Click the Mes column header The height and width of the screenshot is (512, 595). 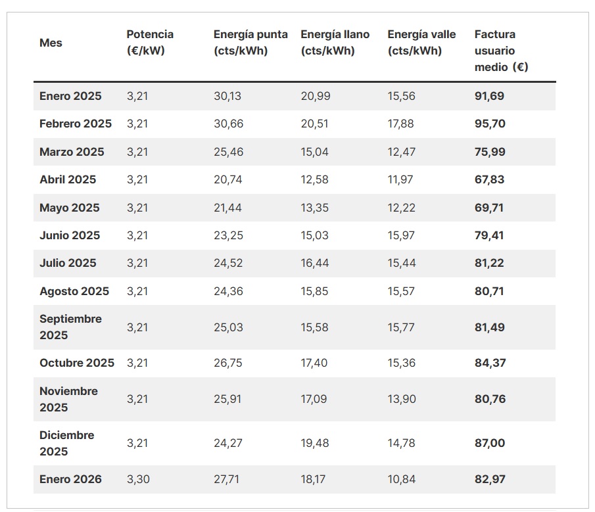(51, 43)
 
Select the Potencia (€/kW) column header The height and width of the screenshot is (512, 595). (150, 43)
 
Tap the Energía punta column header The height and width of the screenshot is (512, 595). (250, 43)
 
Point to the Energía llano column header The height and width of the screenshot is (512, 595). (335, 43)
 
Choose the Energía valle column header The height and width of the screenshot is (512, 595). (421, 43)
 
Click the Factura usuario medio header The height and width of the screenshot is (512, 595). (501, 51)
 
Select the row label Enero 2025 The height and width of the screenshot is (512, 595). (70, 96)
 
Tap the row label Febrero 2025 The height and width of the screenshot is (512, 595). (76, 124)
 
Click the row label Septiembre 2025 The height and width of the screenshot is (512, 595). (70, 327)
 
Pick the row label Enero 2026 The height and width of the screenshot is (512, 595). (70, 479)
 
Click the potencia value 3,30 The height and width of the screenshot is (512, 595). (138, 479)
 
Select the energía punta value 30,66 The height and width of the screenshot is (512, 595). (228, 124)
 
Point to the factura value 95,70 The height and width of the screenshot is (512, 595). (490, 124)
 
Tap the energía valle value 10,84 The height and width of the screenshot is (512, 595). (401, 479)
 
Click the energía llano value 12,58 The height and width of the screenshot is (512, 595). (314, 179)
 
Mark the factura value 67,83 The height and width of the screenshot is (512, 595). (490, 179)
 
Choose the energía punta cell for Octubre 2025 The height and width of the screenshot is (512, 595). (228, 363)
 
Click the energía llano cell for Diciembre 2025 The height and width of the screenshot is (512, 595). (314, 443)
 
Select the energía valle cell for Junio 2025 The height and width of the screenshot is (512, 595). (401, 235)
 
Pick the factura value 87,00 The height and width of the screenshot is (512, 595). (490, 443)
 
